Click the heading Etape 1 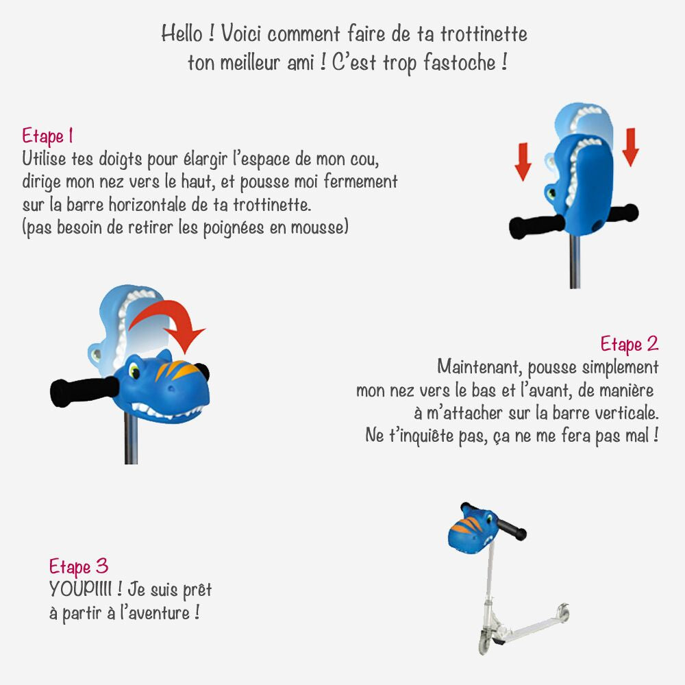48,136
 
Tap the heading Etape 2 629,344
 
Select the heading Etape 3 79,566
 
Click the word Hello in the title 182,34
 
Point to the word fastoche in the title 460,62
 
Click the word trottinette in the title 484,34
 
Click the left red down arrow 523,162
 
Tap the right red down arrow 630,147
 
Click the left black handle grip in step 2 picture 83,390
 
